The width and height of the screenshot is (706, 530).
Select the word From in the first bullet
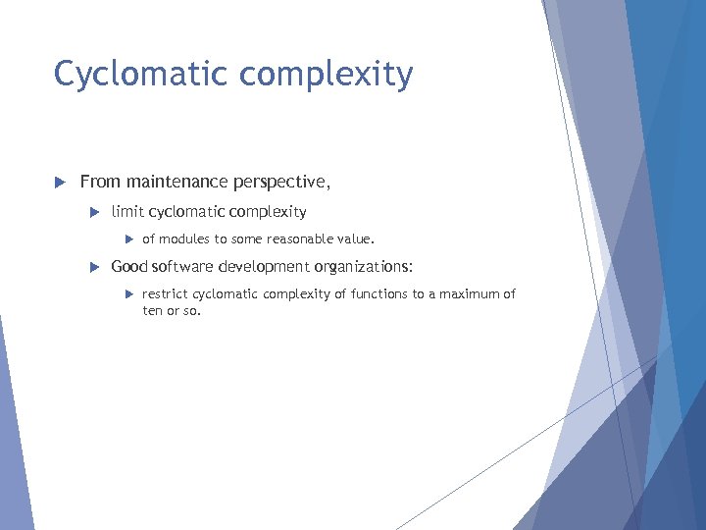pos(99,182)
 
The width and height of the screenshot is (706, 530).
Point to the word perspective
pos(281,183)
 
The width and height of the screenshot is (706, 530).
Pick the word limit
pos(127,211)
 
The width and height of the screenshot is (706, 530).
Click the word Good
pos(129,266)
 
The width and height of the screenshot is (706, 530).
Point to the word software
pos(183,266)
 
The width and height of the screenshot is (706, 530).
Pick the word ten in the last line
pos(152,310)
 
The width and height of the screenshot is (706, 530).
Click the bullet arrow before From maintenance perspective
pos(59,183)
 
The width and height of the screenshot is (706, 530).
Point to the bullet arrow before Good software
pos(94,267)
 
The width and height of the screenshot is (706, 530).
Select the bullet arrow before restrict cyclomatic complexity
pos(129,294)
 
